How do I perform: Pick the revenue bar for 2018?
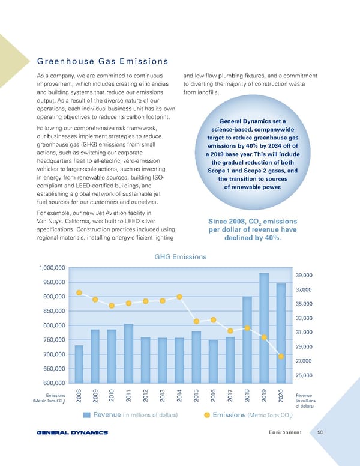pyautogui.click(x=247, y=340)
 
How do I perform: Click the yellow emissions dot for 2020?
pyautogui.click(x=281, y=357)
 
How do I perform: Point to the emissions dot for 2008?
pyautogui.click(x=79, y=292)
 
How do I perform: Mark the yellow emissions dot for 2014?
pyautogui.click(x=179, y=297)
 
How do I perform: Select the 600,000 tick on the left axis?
pyautogui.click(x=53, y=383)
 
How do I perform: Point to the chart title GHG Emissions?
pyautogui.click(x=180, y=256)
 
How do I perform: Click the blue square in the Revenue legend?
pyautogui.click(x=87, y=415)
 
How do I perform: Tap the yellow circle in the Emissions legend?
pyautogui.click(x=207, y=415)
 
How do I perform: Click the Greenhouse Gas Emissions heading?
pyautogui.click(x=101, y=61)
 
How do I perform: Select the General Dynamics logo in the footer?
pyautogui.click(x=71, y=432)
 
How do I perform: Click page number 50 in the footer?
pyautogui.click(x=320, y=432)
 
